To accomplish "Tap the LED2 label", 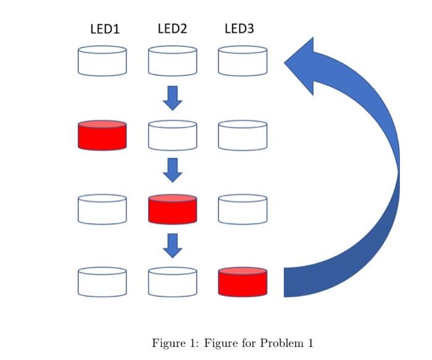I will pos(173,28).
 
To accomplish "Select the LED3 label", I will pos(239,28).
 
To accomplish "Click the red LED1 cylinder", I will pos(102,135).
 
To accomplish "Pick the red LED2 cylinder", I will pos(173,209).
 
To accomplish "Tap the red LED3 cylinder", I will pos(243,281).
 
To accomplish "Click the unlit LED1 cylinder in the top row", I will pos(102,61).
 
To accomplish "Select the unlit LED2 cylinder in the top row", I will pos(173,61).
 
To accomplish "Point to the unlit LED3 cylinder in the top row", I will pos(243,61).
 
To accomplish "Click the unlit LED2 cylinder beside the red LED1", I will pos(173,135).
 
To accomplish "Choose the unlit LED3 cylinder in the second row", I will pos(243,135).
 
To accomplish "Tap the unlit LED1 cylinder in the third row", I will pos(102,209).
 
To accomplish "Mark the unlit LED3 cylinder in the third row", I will pos(243,209).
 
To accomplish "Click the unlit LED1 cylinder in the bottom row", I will pos(102,281).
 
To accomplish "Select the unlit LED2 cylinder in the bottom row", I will pos(173,281).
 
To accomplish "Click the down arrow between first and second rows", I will pos(173,98).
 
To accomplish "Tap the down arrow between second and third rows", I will pos(173,170).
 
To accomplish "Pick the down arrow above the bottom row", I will pos(173,244).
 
